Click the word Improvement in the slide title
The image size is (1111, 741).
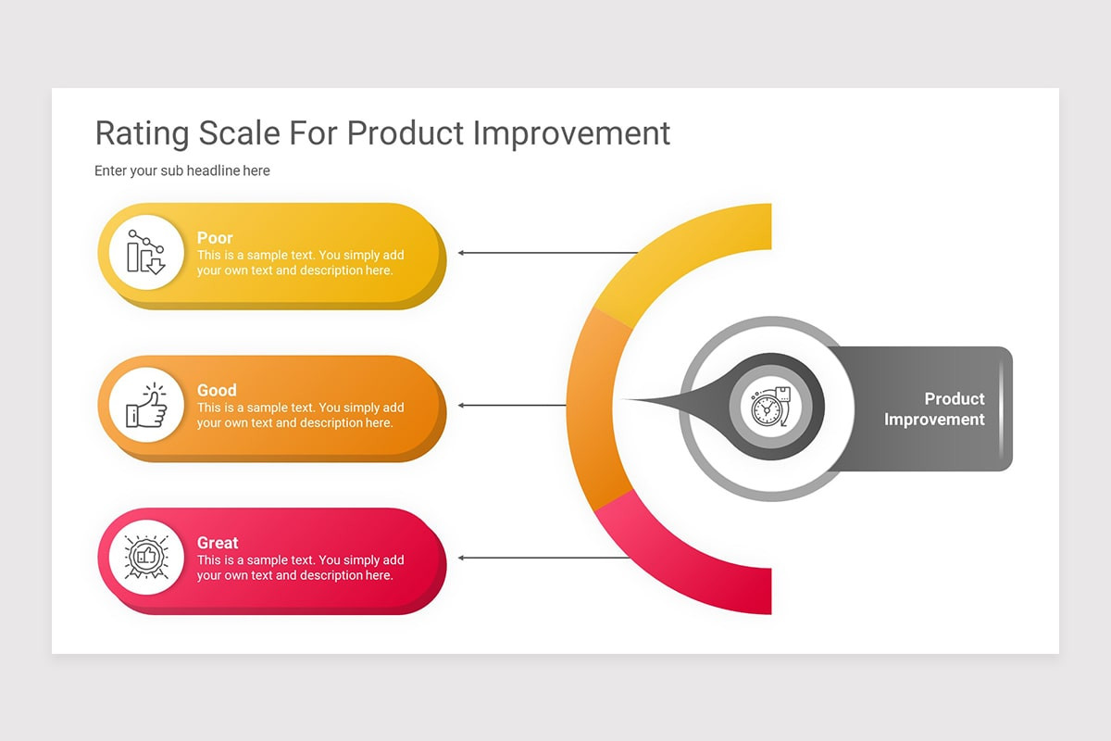pos(571,133)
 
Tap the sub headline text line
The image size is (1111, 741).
pos(182,170)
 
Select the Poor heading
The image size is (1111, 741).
pos(215,238)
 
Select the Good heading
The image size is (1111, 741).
pos(217,390)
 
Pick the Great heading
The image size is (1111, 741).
pos(218,543)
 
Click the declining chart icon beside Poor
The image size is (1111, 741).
pos(145,252)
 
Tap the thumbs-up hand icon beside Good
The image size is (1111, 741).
pos(145,406)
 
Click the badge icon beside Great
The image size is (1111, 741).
pos(145,558)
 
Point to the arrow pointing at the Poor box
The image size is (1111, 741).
pos(546,252)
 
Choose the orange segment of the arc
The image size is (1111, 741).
pos(590,408)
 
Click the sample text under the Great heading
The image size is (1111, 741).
pos(300,568)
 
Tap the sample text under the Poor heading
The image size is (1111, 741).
pos(300,263)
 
